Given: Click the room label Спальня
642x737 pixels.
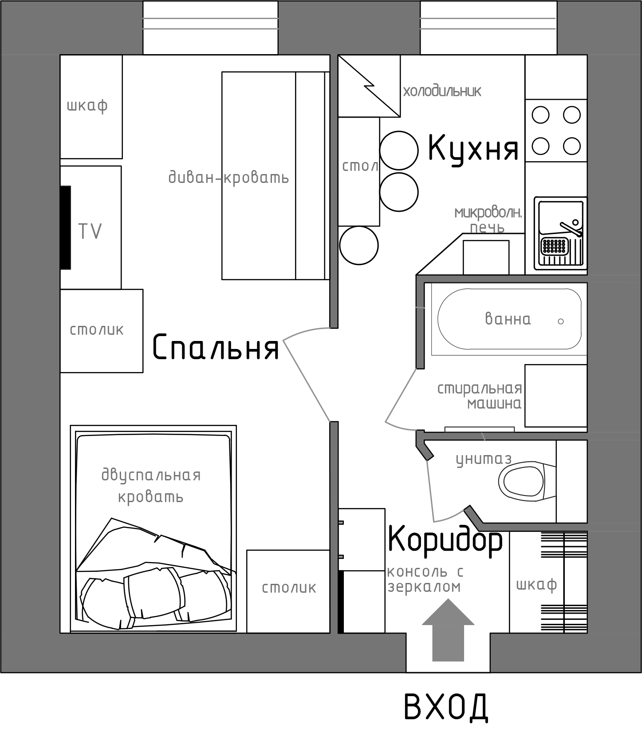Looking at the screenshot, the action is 216,347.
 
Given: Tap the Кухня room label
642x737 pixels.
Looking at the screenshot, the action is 473,148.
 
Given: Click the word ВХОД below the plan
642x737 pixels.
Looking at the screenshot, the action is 446,706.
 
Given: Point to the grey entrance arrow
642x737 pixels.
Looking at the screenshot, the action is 448,630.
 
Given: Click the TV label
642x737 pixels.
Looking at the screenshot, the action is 90,231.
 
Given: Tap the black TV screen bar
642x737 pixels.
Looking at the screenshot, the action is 66,227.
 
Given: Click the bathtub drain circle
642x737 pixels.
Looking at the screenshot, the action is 561,321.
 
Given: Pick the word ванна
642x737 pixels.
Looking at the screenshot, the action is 508,319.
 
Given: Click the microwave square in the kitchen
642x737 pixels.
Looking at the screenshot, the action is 486,258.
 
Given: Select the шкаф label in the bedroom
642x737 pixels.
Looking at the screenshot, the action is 87,106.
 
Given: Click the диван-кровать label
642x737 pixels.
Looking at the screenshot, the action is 228,178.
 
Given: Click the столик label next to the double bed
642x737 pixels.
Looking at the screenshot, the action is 289,587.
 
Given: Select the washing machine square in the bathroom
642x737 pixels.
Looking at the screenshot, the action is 556,396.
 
